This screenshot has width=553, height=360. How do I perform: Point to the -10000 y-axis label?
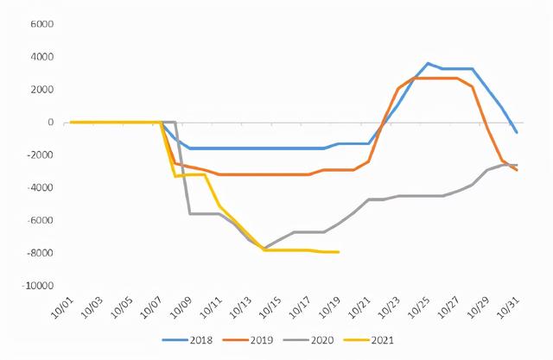(37, 285)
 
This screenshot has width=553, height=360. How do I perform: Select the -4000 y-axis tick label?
(39, 187)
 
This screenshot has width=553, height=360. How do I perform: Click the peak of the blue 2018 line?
(429, 63)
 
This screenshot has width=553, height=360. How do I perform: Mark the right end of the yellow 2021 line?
(338, 252)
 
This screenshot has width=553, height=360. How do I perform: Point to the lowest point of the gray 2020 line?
(264, 249)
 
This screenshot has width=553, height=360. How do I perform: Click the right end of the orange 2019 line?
(517, 170)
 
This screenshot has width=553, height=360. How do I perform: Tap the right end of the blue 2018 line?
(517, 132)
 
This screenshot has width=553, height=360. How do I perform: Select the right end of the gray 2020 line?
(517, 165)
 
